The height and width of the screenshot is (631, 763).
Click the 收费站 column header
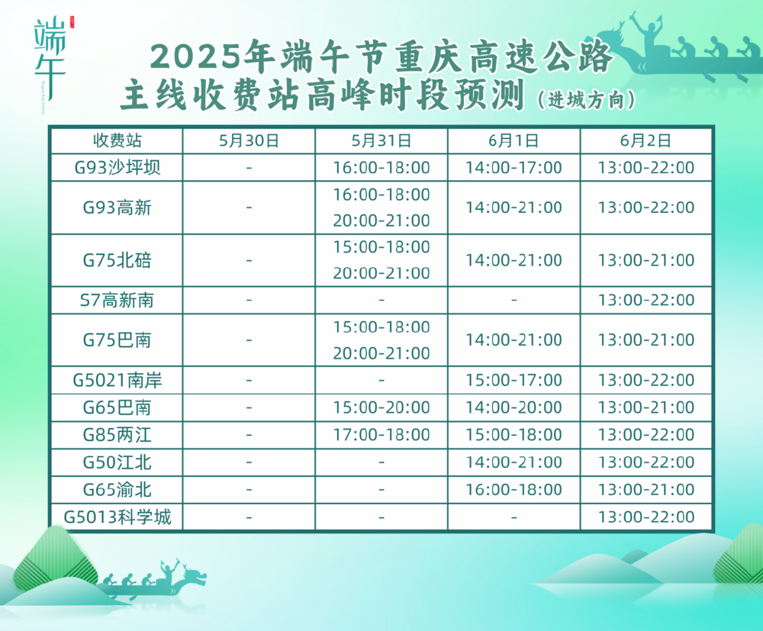click(x=117, y=140)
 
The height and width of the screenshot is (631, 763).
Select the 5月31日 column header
click(x=381, y=140)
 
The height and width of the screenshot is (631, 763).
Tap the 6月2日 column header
click(x=645, y=140)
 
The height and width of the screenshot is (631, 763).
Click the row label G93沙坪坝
click(x=117, y=167)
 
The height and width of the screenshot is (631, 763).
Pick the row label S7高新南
click(x=117, y=300)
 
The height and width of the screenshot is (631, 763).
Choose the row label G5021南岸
click(x=117, y=380)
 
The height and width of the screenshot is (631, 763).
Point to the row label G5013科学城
click(x=117, y=517)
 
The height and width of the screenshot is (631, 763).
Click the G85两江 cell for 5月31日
click(x=381, y=434)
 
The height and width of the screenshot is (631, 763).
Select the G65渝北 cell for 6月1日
click(x=513, y=489)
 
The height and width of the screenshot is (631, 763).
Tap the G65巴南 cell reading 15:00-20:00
click(x=381, y=407)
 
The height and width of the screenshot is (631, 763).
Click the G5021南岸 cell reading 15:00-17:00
click(x=513, y=380)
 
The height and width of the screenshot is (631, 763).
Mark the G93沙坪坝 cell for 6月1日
click(x=513, y=167)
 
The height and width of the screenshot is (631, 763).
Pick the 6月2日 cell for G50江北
click(x=645, y=462)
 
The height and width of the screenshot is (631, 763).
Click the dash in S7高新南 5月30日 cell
click(x=249, y=300)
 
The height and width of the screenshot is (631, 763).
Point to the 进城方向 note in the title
click(x=586, y=100)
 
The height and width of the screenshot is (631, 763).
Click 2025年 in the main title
click(x=212, y=56)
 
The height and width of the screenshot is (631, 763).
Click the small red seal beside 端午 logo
click(x=72, y=22)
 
